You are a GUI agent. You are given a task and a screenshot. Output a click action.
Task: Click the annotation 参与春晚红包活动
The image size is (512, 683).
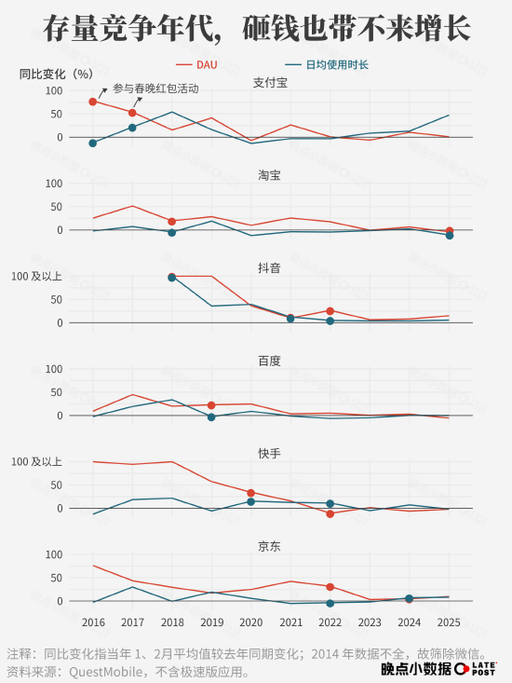click(x=155, y=89)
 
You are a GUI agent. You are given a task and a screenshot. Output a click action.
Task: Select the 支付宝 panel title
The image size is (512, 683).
click(x=270, y=83)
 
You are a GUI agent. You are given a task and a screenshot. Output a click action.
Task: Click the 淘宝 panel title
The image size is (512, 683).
click(x=270, y=175)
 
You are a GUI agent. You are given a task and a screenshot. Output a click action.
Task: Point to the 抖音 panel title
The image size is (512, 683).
click(x=270, y=267)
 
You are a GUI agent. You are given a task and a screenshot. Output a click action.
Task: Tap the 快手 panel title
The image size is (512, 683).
click(x=270, y=453)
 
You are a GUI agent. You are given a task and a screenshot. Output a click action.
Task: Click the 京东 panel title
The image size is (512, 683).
click(x=270, y=545)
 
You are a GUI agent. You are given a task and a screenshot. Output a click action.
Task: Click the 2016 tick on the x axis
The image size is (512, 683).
click(x=93, y=622)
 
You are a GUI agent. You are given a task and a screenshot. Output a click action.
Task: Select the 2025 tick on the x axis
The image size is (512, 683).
click(x=449, y=622)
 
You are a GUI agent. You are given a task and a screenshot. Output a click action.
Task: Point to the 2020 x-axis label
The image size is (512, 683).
click(x=251, y=622)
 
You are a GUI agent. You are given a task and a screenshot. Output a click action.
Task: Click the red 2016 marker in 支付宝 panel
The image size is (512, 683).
click(x=93, y=102)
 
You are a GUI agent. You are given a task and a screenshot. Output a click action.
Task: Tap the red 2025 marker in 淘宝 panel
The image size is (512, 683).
click(x=449, y=230)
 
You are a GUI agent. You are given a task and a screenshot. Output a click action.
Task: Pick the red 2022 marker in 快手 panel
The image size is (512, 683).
click(x=330, y=513)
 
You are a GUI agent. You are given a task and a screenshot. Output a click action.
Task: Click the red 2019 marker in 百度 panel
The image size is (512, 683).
click(x=211, y=405)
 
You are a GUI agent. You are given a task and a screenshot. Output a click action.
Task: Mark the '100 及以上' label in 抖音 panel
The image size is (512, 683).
click(x=37, y=277)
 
